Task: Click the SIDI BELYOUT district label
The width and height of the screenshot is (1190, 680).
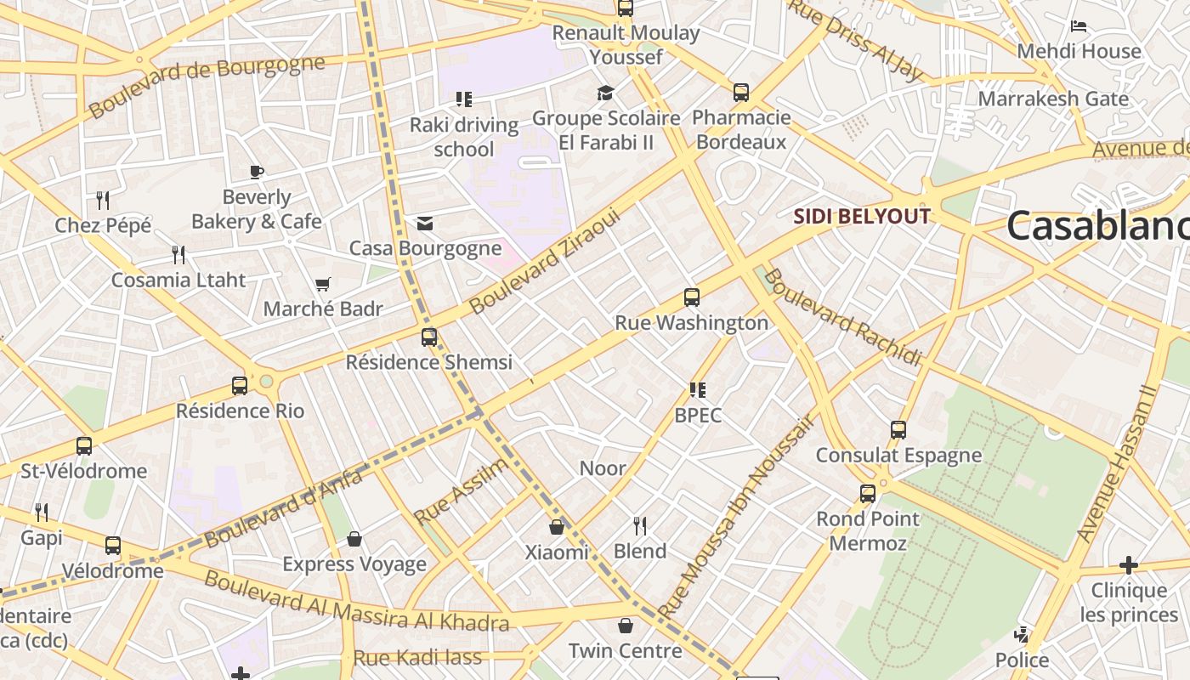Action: click(862, 216)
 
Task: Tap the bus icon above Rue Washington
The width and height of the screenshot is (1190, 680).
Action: click(692, 297)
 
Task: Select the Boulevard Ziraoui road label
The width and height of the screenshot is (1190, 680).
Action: click(546, 261)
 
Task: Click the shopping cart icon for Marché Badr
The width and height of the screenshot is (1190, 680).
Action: click(322, 284)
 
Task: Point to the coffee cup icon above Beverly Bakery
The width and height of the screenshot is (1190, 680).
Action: click(257, 173)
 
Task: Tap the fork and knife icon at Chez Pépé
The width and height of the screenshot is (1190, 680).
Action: click(103, 201)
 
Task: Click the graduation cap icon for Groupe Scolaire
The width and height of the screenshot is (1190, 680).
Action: click(605, 93)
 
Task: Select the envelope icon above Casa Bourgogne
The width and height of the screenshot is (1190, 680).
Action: click(425, 224)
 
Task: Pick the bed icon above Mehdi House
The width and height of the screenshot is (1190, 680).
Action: click(1079, 26)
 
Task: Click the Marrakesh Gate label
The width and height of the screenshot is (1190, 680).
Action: click(1053, 99)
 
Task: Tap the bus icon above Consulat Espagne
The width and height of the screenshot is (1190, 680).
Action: click(898, 430)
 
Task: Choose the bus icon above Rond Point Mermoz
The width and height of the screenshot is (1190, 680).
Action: click(868, 494)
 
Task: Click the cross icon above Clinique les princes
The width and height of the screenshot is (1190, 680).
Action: click(1128, 565)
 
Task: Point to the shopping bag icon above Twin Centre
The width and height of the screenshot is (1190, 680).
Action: click(626, 626)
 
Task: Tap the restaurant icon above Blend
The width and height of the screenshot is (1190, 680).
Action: click(640, 526)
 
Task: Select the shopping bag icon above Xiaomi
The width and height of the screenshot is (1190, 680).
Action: click(557, 528)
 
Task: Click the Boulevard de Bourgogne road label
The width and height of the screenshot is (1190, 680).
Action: click(207, 87)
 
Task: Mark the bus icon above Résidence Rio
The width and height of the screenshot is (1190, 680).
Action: click(240, 386)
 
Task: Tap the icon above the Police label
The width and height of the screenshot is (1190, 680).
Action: click(1022, 635)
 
